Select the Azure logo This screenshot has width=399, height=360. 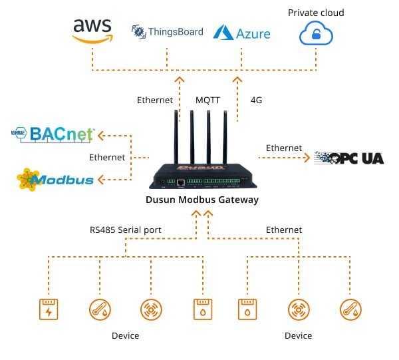pyautogui.click(x=241, y=33)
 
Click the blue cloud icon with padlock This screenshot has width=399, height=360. pyautogui.click(x=316, y=33)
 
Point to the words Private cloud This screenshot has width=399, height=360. pyautogui.click(x=316, y=13)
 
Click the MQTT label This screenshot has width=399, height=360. pyautogui.click(x=208, y=100)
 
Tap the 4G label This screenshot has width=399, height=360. pyautogui.click(x=256, y=100)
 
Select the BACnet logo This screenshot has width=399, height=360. pyautogui.click(x=54, y=135)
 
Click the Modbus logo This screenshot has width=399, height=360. pyautogui.click(x=57, y=178)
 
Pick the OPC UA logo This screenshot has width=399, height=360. pyautogui.click(x=348, y=158)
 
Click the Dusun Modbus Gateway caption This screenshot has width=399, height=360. pyautogui.click(x=201, y=200)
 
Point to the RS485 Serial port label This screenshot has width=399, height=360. pyautogui.click(x=126, y=230)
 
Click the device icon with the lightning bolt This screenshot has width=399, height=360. pyautogui.click(x=49, y=309)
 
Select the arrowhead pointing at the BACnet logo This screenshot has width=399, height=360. pyautogui.click(x=100, y=136)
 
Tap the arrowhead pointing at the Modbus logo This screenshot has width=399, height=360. pyautogui.click(x=100, y=179)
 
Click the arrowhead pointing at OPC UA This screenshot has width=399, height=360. pyautogui.click(x=307, y=158)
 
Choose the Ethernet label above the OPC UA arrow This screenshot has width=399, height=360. pyautogui.click(x=284, y=148)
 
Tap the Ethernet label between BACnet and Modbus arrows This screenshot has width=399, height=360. pyautogui.click(x=107, y=158)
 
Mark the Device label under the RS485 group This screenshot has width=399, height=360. pyautogui.click(x=126, y=335)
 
